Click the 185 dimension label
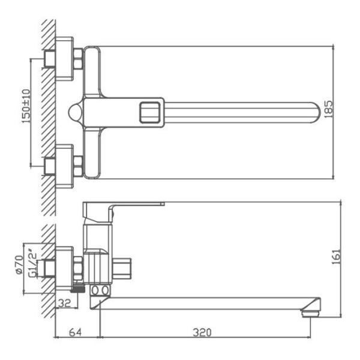[329, 109]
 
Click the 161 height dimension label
[337, 256]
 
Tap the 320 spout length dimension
[202, 332]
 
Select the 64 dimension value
[75, 332]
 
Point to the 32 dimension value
[64, 303]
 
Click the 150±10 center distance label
[26, 106]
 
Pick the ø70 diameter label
[19, 265]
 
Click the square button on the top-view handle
[149, 113]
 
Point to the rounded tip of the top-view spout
[316, 113]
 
